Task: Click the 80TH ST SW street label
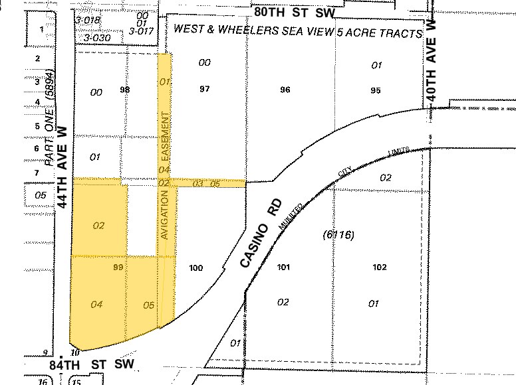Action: (x=295, y=11)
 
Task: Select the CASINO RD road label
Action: (x=261, y=232)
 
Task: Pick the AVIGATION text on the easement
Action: (x=166, y=215)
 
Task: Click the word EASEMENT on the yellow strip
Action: (x=165, y=140)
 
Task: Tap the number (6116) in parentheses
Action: (x=338, y=234)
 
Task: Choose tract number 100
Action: (x=196, y=268)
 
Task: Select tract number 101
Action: (x=284, y=268)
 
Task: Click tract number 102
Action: (x=380, y=268)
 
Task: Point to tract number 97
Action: (x=204, y=89)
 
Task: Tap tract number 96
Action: (x=285, y=90)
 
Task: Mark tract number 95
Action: (x=376, y=90)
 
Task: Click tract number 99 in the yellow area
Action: (x=119, y=267)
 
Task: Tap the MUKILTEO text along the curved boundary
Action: (x=292, y=216)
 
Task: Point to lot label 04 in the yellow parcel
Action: (x=96, y=305)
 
